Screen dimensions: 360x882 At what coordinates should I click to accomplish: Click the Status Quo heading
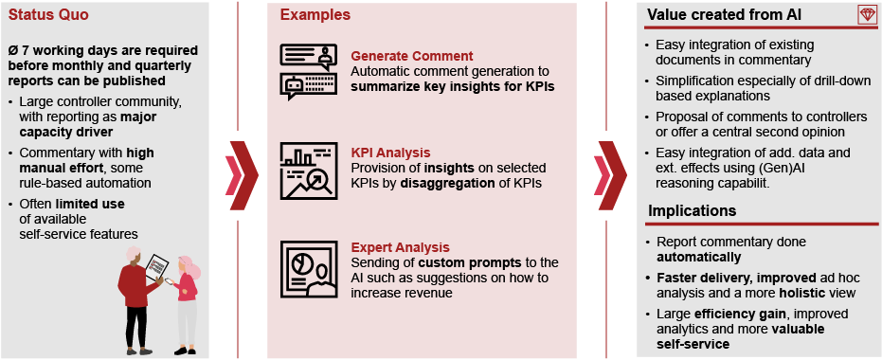click(x=42, y=15)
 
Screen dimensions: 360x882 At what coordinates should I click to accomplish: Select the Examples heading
click(x=315, y=15)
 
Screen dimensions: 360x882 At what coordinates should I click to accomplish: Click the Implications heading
click(x=692, y=209)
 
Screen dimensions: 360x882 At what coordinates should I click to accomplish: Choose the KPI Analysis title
click(x=391, y=152)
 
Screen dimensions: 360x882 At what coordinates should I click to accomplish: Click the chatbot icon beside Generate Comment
click(x=309, y=71)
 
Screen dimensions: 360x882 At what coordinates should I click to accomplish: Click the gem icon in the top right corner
click(x=866, y=14)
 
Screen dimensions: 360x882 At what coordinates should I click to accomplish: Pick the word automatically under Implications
click(x=698, y=257)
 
